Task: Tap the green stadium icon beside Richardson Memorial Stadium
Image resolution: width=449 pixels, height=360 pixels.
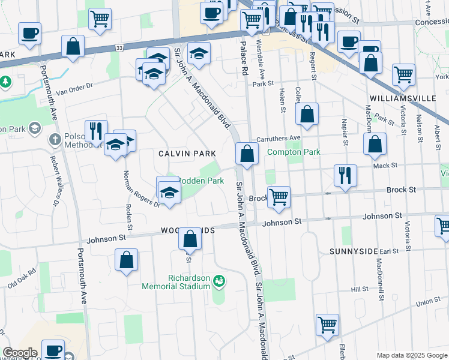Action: pos(219,280)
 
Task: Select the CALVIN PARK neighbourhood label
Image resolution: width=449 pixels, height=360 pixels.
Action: pos(187,154)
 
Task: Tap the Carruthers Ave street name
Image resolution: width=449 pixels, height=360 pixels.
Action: pos(278,138)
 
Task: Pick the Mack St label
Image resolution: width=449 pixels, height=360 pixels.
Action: pos(385,165)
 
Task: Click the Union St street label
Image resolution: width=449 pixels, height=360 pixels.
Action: pos(427,302)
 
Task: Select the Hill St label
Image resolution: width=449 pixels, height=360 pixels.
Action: pos(360,289)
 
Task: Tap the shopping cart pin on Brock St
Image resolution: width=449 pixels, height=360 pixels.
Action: pos(279,197)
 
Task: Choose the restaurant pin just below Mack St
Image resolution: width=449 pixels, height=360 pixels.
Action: pos(345,175)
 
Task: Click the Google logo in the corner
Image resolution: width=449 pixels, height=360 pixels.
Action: pos(20,353)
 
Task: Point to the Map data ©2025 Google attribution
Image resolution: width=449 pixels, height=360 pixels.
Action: pos(412,355)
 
